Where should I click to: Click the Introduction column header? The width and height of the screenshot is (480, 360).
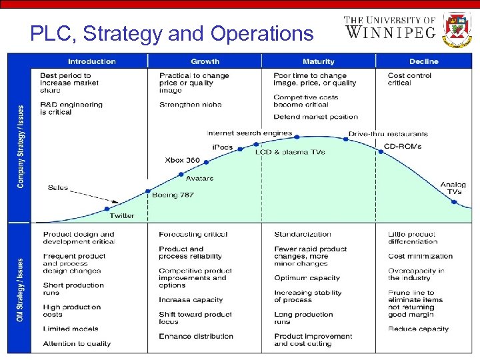point(91,61)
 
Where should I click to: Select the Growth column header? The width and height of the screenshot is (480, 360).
point(205,61)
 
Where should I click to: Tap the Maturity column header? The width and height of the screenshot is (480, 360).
point(318,61)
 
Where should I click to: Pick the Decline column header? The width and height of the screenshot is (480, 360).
point(423,61)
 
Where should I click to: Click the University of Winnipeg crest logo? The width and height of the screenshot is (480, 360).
point(457,29)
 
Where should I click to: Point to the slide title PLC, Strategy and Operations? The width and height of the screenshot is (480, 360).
point(171,33)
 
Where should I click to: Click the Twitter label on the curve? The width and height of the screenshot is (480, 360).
point(122,215)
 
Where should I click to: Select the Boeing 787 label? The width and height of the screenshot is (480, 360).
point(173,195)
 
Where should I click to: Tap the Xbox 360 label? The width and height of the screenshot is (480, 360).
point(182,160)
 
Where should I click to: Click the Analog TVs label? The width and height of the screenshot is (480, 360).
point(453,188)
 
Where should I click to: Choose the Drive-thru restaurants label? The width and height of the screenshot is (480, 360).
point(388,134)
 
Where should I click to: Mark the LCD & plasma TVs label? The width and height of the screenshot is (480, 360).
point(290,152)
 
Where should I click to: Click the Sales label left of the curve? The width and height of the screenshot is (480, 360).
point(58,187)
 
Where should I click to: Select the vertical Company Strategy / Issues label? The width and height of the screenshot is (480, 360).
point(21,146)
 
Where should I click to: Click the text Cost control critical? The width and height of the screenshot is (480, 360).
point(409,79)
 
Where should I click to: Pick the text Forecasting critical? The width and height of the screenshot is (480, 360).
point(193,234)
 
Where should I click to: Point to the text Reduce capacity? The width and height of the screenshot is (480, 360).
point(418,329)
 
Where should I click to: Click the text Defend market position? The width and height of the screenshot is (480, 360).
point(315,117)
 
